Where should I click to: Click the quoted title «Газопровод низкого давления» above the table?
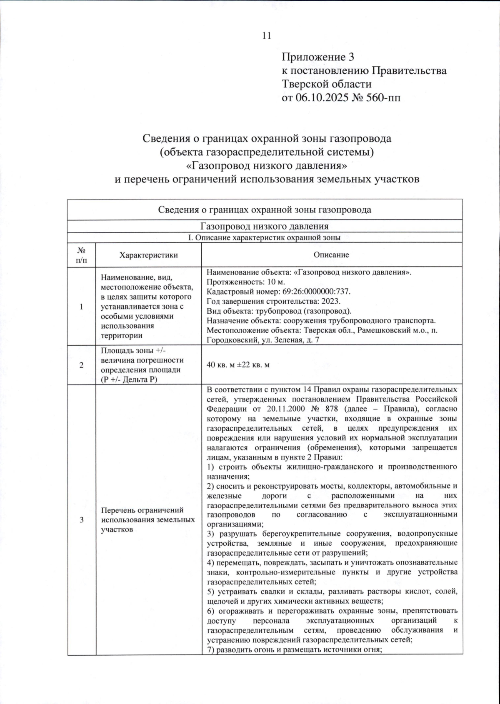tap(267, 166)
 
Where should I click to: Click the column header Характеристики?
tap(148, 255)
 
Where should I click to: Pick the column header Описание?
tap(332, 255)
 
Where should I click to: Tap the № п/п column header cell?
tap(82, 255)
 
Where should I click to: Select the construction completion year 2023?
tap(332, 301)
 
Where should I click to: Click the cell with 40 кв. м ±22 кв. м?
tap(238, 365)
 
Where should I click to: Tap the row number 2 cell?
tap(82, 365)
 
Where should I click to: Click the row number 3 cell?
tap(82, 519)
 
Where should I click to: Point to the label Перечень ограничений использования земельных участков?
tap(148, 519)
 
